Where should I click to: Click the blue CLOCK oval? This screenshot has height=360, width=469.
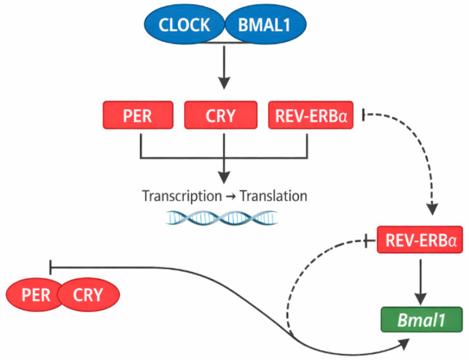pyautogui.click(x=184, y=25)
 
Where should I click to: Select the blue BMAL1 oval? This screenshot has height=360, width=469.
pyautogui.click(x=265, y=25)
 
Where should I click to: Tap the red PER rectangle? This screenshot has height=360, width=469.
pyautogui.click(x=138, y=115)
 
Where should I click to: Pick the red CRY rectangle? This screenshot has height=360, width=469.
pyautogui.click(x=221, y=115)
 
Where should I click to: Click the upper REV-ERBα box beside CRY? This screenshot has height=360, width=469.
pyautogui.click(x=311, y=115)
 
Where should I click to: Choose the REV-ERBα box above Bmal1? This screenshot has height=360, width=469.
pyautogui.click(x=420, y=240)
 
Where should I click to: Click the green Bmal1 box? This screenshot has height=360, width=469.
pyautogui.click(x=422, y=319)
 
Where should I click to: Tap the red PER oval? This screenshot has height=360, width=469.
pyautogui.click(x=34, y=295)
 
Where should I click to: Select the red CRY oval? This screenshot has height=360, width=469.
pyautogui.click(x=88, y=295)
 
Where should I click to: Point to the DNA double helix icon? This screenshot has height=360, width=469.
pyautogui.click(x=222, y=217)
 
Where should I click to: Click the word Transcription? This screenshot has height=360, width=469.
pyautogui.click(x=182, y=197)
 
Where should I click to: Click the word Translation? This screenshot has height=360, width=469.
pyautogui.click(x=274, y=196)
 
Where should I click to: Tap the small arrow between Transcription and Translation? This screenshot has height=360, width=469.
pyautogui.click(x=231, y=197)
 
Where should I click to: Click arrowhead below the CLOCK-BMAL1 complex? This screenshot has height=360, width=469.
pyautogui.click(x=224, y=83)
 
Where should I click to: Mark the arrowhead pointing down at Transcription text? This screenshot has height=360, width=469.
pyautogui.click(x=224, y=178)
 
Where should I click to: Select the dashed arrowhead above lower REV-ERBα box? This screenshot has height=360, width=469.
pyautogui.click(x=432, y=209)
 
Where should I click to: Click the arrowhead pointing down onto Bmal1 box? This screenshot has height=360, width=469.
pyautogui.click(x=421, y=299)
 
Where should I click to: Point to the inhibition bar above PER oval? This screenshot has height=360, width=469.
pyautogui.click(x=50, y=267)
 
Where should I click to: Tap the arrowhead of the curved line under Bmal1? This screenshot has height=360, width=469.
pyautogui.click(x=405, y=344)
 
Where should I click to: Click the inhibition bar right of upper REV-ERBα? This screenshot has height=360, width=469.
pyautogui.click(x=363, y=115)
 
